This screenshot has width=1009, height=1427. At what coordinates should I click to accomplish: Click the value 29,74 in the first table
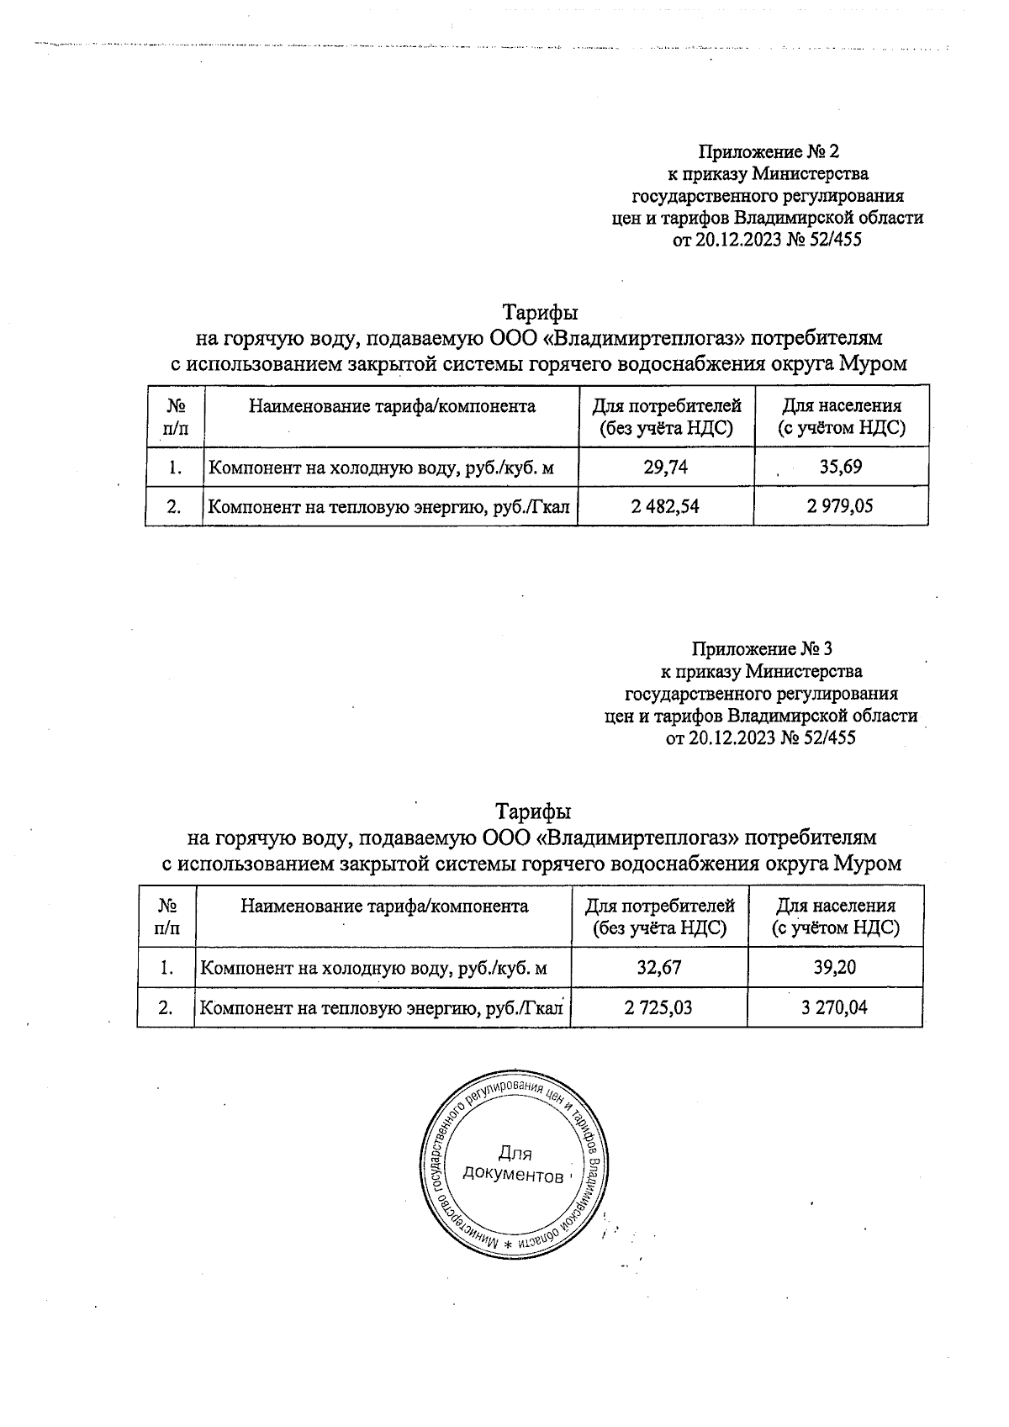[x=666, y=467]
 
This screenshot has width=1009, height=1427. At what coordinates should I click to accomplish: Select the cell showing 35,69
[x=840, y=467]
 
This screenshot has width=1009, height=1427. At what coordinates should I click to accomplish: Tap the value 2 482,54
[x=665, y=506]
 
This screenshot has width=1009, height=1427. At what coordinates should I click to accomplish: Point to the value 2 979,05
[x=840, y=506]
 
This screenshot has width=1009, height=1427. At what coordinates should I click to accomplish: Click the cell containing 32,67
[x=659, y=967]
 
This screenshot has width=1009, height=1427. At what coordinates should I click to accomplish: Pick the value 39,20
[x=835, y=967]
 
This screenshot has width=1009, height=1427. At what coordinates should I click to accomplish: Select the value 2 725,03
[x=658, y=1007]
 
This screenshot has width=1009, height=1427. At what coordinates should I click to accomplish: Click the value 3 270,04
[x=835, y=1007]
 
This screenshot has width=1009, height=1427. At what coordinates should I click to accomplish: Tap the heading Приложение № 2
[x=769, y=152]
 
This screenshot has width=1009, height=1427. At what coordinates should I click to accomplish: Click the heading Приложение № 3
[x=762, y=650]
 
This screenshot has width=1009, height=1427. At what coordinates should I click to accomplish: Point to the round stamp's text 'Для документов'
[x=513, y=1165]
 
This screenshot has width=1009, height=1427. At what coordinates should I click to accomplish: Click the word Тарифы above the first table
[x=540, y=313]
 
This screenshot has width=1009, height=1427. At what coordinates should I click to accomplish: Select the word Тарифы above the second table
[x=533, y=812]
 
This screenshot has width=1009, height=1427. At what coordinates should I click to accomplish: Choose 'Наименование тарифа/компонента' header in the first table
[x=392, y=407]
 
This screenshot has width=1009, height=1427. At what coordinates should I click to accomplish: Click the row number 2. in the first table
[x=175, y=506]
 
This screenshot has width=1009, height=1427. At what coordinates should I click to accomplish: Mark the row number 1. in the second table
[x=166, y=967]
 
